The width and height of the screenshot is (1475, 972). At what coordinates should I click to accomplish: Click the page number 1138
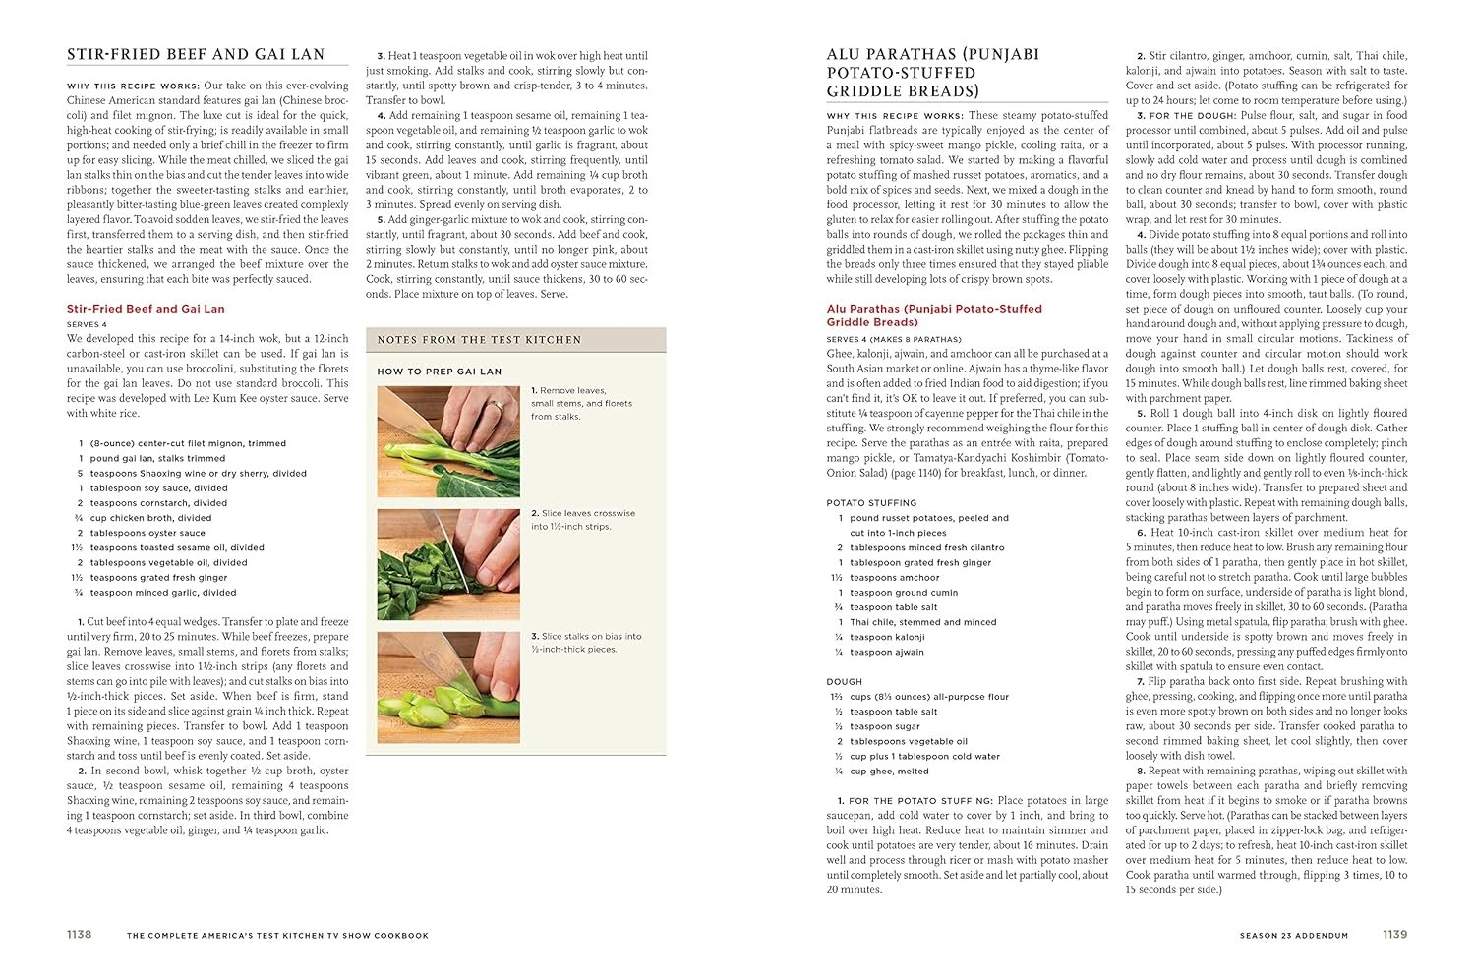click(79, 935)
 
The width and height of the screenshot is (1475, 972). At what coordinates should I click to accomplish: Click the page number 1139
click(1394, 935)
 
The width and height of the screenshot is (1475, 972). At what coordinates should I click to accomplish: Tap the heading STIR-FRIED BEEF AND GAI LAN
click(195, 54)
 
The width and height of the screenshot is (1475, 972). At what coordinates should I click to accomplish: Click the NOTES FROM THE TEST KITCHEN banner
click(479, 340)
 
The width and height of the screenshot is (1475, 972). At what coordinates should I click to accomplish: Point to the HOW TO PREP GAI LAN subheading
click(439, 372)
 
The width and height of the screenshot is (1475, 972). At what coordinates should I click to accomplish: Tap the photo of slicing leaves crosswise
click(448, 564)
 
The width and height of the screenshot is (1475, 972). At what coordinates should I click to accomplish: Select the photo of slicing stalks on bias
click(448, 688)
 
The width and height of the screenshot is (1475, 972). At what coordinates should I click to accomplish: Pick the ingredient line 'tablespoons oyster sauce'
click(147, 533)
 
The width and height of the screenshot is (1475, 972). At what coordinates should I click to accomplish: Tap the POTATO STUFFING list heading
click(871, 502)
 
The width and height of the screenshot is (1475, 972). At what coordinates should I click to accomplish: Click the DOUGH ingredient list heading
click(845, 681)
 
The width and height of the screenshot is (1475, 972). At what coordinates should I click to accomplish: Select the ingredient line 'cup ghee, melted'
click(889, 772)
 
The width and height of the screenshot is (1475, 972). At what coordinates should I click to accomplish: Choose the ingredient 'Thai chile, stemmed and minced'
click(922, 622)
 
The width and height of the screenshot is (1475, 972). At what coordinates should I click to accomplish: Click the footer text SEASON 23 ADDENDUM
click(1294, 936)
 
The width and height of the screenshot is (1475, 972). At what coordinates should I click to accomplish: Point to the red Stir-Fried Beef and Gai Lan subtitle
click(146, 309)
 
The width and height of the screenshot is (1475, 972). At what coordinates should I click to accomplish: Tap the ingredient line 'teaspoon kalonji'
click(887, 637)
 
